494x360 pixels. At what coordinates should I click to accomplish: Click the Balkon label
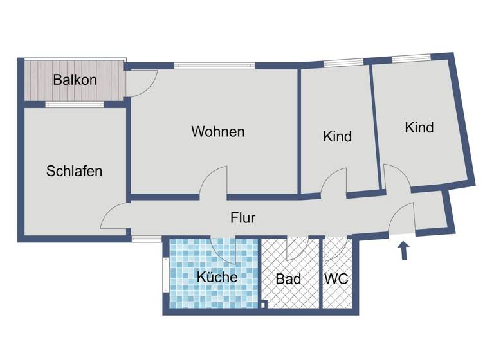click(x=75, y=80)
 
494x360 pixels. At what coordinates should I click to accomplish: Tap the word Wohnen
click(x=218, y=132)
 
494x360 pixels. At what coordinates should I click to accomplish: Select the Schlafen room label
click(x=74, y=171)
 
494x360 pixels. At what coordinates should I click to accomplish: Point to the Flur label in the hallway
click(x=242, y=217)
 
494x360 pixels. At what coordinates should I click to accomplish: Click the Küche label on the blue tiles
click(x=217, y=277)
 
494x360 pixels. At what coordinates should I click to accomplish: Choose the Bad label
click(x=288, y=279)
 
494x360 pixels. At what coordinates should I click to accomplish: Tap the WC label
click(x=336, y=279)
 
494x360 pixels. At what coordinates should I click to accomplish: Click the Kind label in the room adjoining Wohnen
click(x=337, y=136)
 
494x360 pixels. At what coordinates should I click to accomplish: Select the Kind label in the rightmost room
click(x=419, y=127)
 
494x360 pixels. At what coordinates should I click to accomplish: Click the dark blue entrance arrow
click(x=404, y=250)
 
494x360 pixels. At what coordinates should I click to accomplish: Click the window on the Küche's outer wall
click(x=165, y=274)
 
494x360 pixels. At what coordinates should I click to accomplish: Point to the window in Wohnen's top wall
click(x=214, y=65)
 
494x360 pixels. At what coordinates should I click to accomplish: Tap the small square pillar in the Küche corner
click(x=264, y=305)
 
